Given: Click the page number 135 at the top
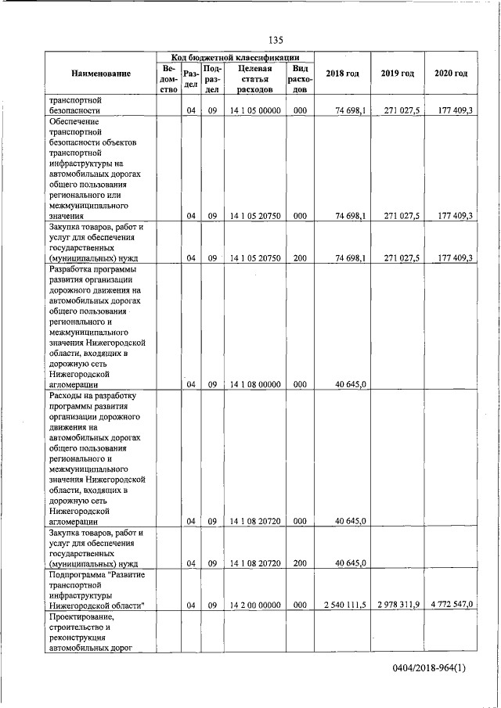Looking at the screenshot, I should [x=275, y=40].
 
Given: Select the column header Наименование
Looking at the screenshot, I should [x=101, y=74].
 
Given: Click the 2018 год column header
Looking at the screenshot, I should [x=342, y=74].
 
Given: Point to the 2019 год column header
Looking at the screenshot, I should [x=397, y=74].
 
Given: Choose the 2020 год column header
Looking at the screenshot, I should [x=451, y=74].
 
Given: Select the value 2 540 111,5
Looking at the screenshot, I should [x=345, y=606].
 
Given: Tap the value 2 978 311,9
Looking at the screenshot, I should [x=398, y=606].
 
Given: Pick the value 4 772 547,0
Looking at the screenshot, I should [x=452, y=606].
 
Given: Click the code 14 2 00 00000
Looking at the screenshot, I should [x=255, y=606].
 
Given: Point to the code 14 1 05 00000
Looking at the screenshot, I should [x=255, y=111].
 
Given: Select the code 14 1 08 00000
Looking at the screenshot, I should [x=255, y=384].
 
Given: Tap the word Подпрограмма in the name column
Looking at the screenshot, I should [x=76, y=575].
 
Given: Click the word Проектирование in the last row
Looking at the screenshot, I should [x=81, y=617].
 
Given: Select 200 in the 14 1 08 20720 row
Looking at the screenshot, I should [x=300, y=563].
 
